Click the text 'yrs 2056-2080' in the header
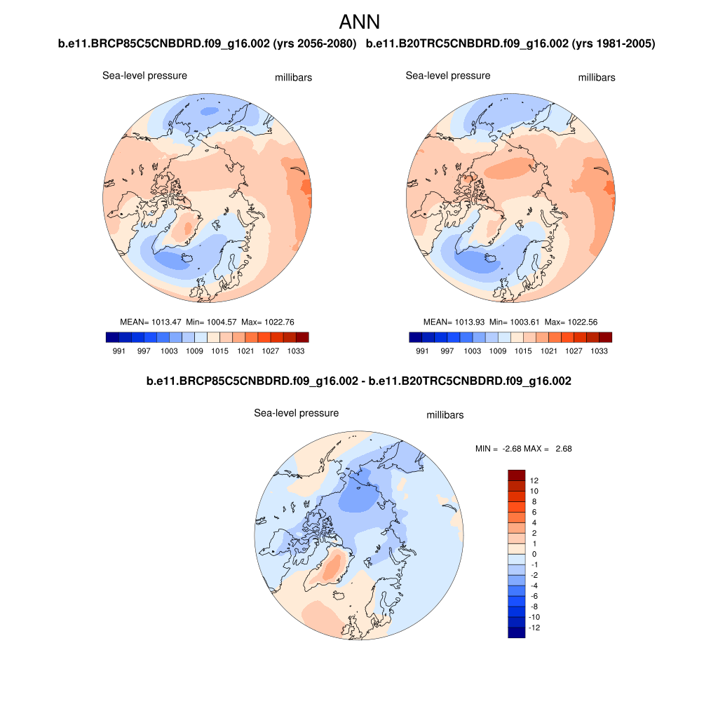[318, 44]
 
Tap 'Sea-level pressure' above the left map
[144, 76]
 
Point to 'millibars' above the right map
[596, 78]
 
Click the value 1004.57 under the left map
[219, 322]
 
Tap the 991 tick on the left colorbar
[118, 351]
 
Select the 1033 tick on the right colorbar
[599, 351]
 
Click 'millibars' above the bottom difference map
[445, 415]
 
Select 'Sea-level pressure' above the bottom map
[296, 414]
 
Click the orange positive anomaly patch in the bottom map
[332, 567]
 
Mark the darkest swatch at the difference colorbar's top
[516, 475]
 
